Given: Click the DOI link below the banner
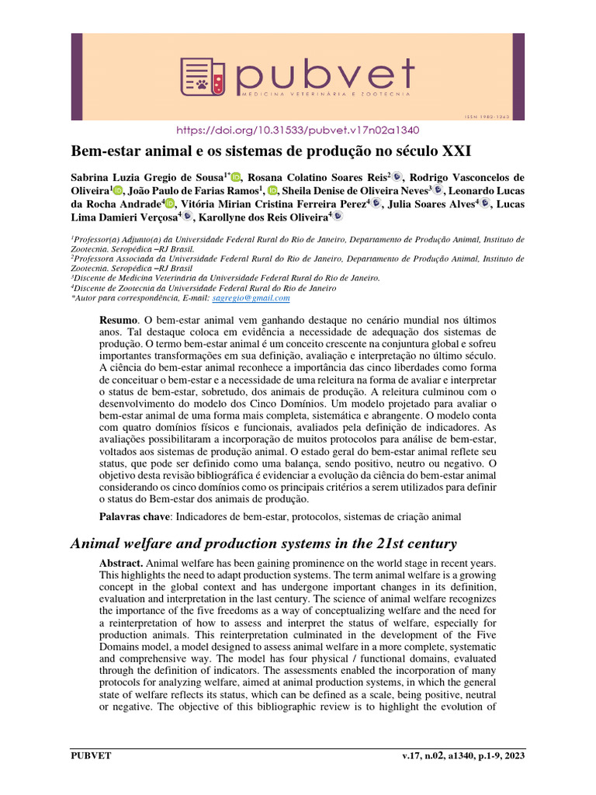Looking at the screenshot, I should coord(298,130).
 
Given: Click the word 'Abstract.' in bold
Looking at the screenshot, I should coord(123,562).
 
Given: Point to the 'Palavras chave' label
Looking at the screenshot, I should coord(134,516).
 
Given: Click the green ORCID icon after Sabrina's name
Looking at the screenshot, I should coord(237,177).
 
